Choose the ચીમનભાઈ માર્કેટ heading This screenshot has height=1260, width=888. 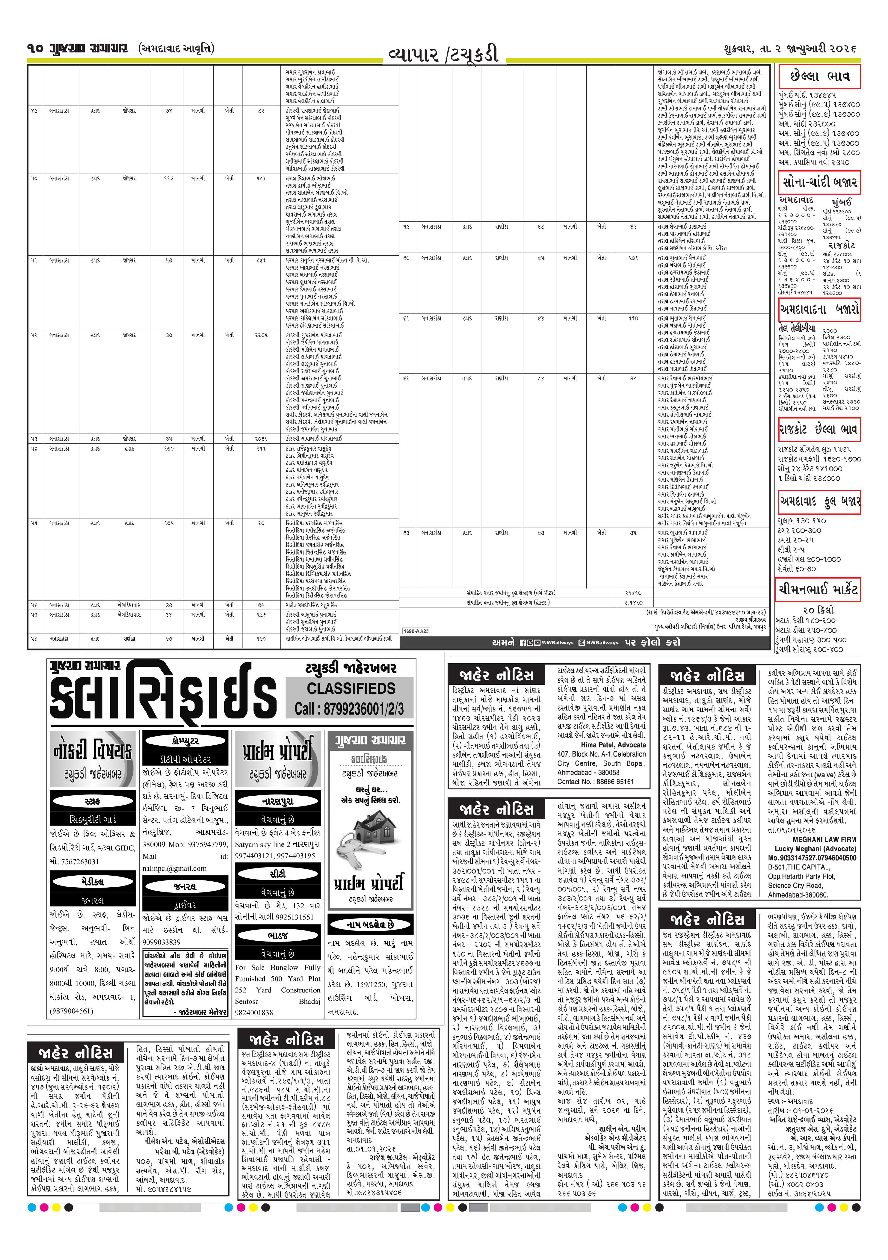coord(818,589)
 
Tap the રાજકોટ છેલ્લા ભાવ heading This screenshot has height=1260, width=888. coord(819,429)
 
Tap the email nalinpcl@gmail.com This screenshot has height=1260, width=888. coord(174,868)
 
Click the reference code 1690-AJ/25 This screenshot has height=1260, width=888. coord(416,631)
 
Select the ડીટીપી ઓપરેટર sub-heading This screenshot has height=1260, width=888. coord(185,759)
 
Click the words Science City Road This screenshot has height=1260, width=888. coord(795,885)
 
